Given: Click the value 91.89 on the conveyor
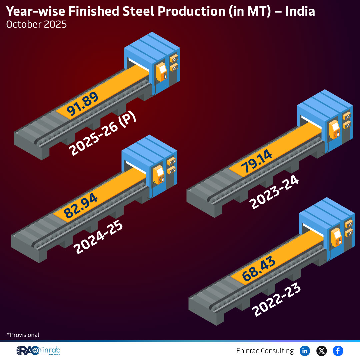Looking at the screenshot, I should [83, 105].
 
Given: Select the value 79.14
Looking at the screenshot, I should [257, 161].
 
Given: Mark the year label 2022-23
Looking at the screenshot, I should [277, 300].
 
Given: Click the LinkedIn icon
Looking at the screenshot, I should [305, 351].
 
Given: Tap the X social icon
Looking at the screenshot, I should [321, 351].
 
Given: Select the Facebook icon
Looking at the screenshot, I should [338, 351].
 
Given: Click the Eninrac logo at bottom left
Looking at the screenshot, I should [38, 351].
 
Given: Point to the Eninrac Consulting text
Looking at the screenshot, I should [265, 351].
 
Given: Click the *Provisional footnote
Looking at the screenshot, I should [23, 335].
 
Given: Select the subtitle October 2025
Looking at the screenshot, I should [36, 25].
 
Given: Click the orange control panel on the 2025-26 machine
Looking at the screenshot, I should [162, 72].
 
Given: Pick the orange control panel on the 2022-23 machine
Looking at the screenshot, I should [336, 236].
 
